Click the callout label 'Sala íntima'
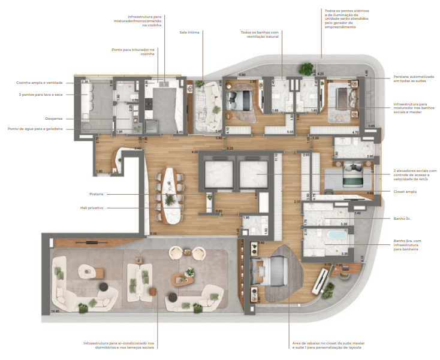(x=189, y=32)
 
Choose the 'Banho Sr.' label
(x=403, y=219)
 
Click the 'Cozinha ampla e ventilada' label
(x=40, y=83)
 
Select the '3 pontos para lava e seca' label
(x=41, y=94)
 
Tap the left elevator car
(x=214, y=173)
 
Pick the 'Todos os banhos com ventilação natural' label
(x=260, y=35)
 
